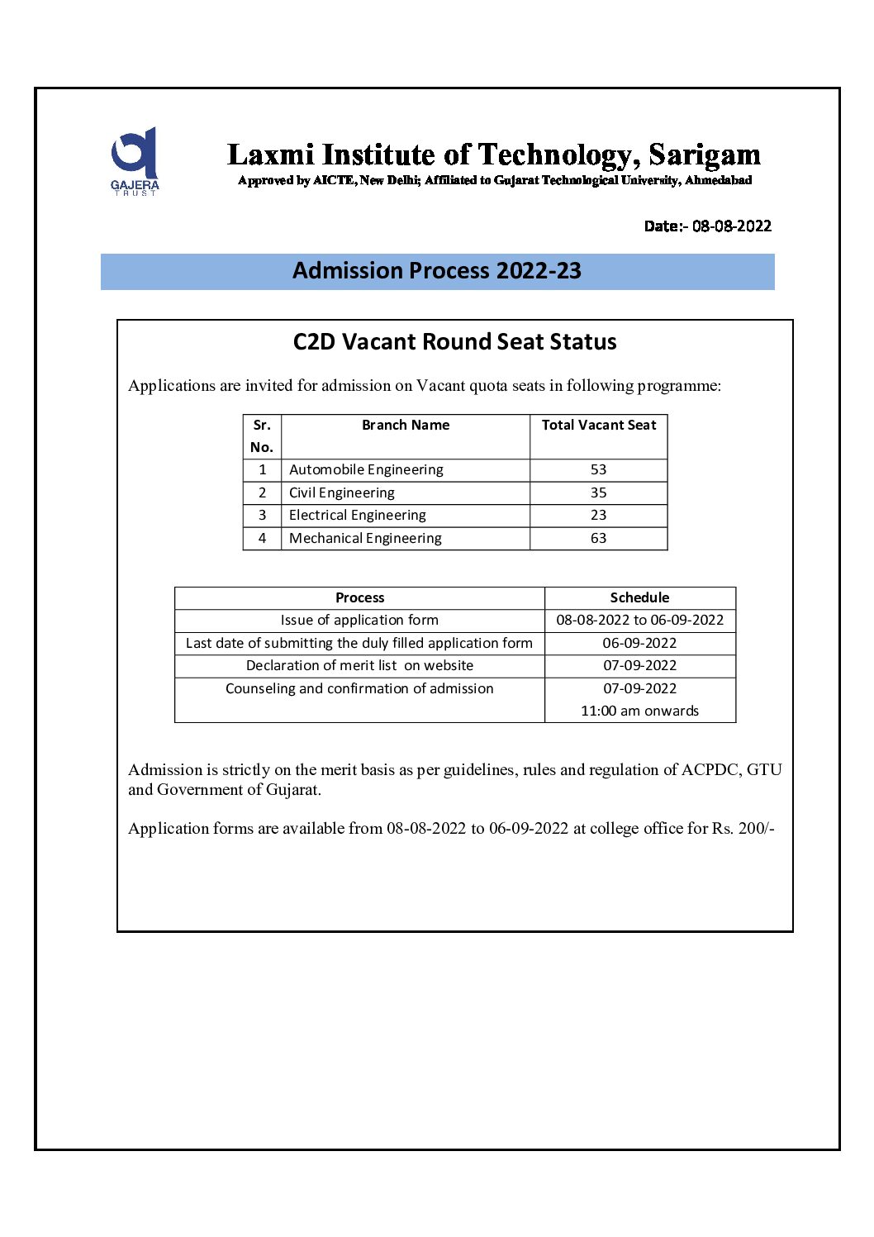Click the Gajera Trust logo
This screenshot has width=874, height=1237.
[x=135, y=160]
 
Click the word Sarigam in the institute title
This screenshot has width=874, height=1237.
[x=704, y=155]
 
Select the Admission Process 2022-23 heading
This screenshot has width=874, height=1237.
[x=437, y=271]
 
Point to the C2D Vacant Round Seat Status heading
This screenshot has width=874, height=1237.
[x=454, y=342]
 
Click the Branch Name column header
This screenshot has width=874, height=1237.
[x=406, y=426]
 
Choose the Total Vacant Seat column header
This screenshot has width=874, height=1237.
[x=598, y=426]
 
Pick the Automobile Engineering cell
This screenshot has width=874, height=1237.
[x=366, y=470]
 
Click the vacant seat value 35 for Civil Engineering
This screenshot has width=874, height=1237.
[x=598, y=493]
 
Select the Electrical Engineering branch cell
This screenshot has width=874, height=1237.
[x=358, y=516]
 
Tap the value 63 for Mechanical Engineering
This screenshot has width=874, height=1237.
[x=598, y=539]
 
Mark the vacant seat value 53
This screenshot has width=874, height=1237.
[x=598, y=470]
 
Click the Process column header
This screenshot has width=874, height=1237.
[x=359, y=598]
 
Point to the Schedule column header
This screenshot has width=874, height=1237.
[x=639, y=598]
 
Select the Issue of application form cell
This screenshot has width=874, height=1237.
[x=359, y=621]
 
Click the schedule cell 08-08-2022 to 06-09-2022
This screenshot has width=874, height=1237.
[x=639, y=621]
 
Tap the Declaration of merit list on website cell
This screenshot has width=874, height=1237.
[x=359, y=666]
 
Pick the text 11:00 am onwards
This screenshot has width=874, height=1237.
[x=639, y=711]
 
